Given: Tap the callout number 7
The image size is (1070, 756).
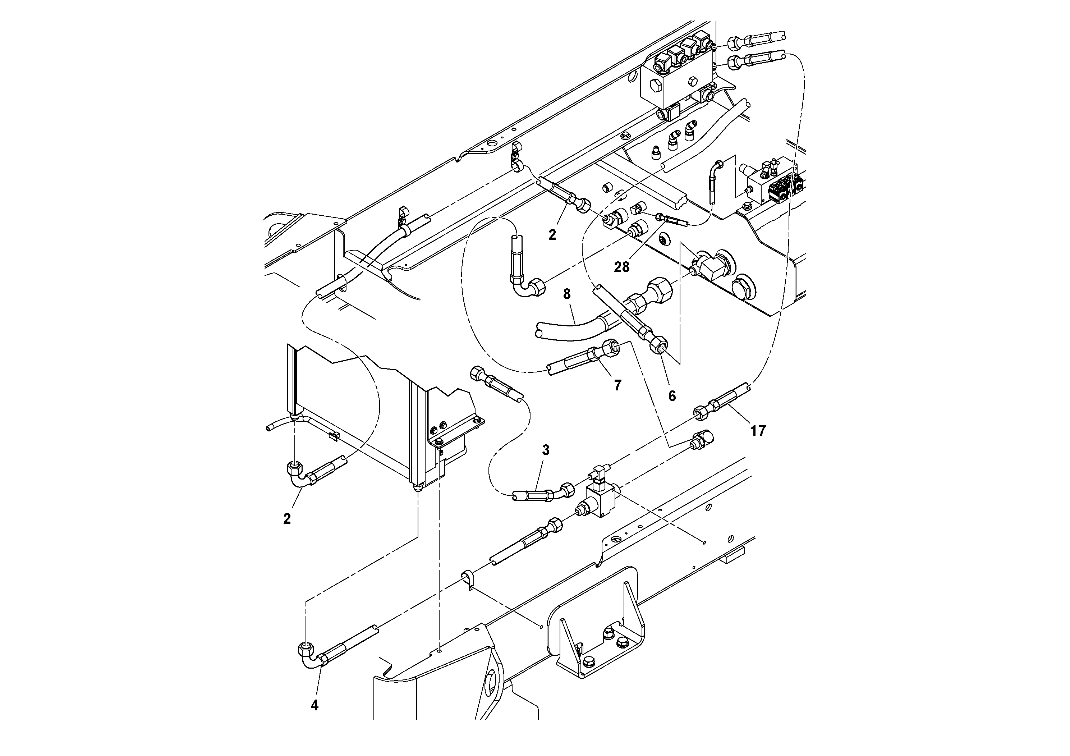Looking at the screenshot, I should point(617,385).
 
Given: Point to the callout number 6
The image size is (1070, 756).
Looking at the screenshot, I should point(671,396).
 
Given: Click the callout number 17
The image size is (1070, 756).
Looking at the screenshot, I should point(758,431).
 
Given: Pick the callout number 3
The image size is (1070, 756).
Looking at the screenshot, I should point(546,450).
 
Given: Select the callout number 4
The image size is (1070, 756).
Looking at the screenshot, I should point(314,705).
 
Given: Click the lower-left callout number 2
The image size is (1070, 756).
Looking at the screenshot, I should point(287,518).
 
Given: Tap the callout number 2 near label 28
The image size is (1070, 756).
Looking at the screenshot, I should point(552,235).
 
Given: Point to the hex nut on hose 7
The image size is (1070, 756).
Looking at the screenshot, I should point(611,348).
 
